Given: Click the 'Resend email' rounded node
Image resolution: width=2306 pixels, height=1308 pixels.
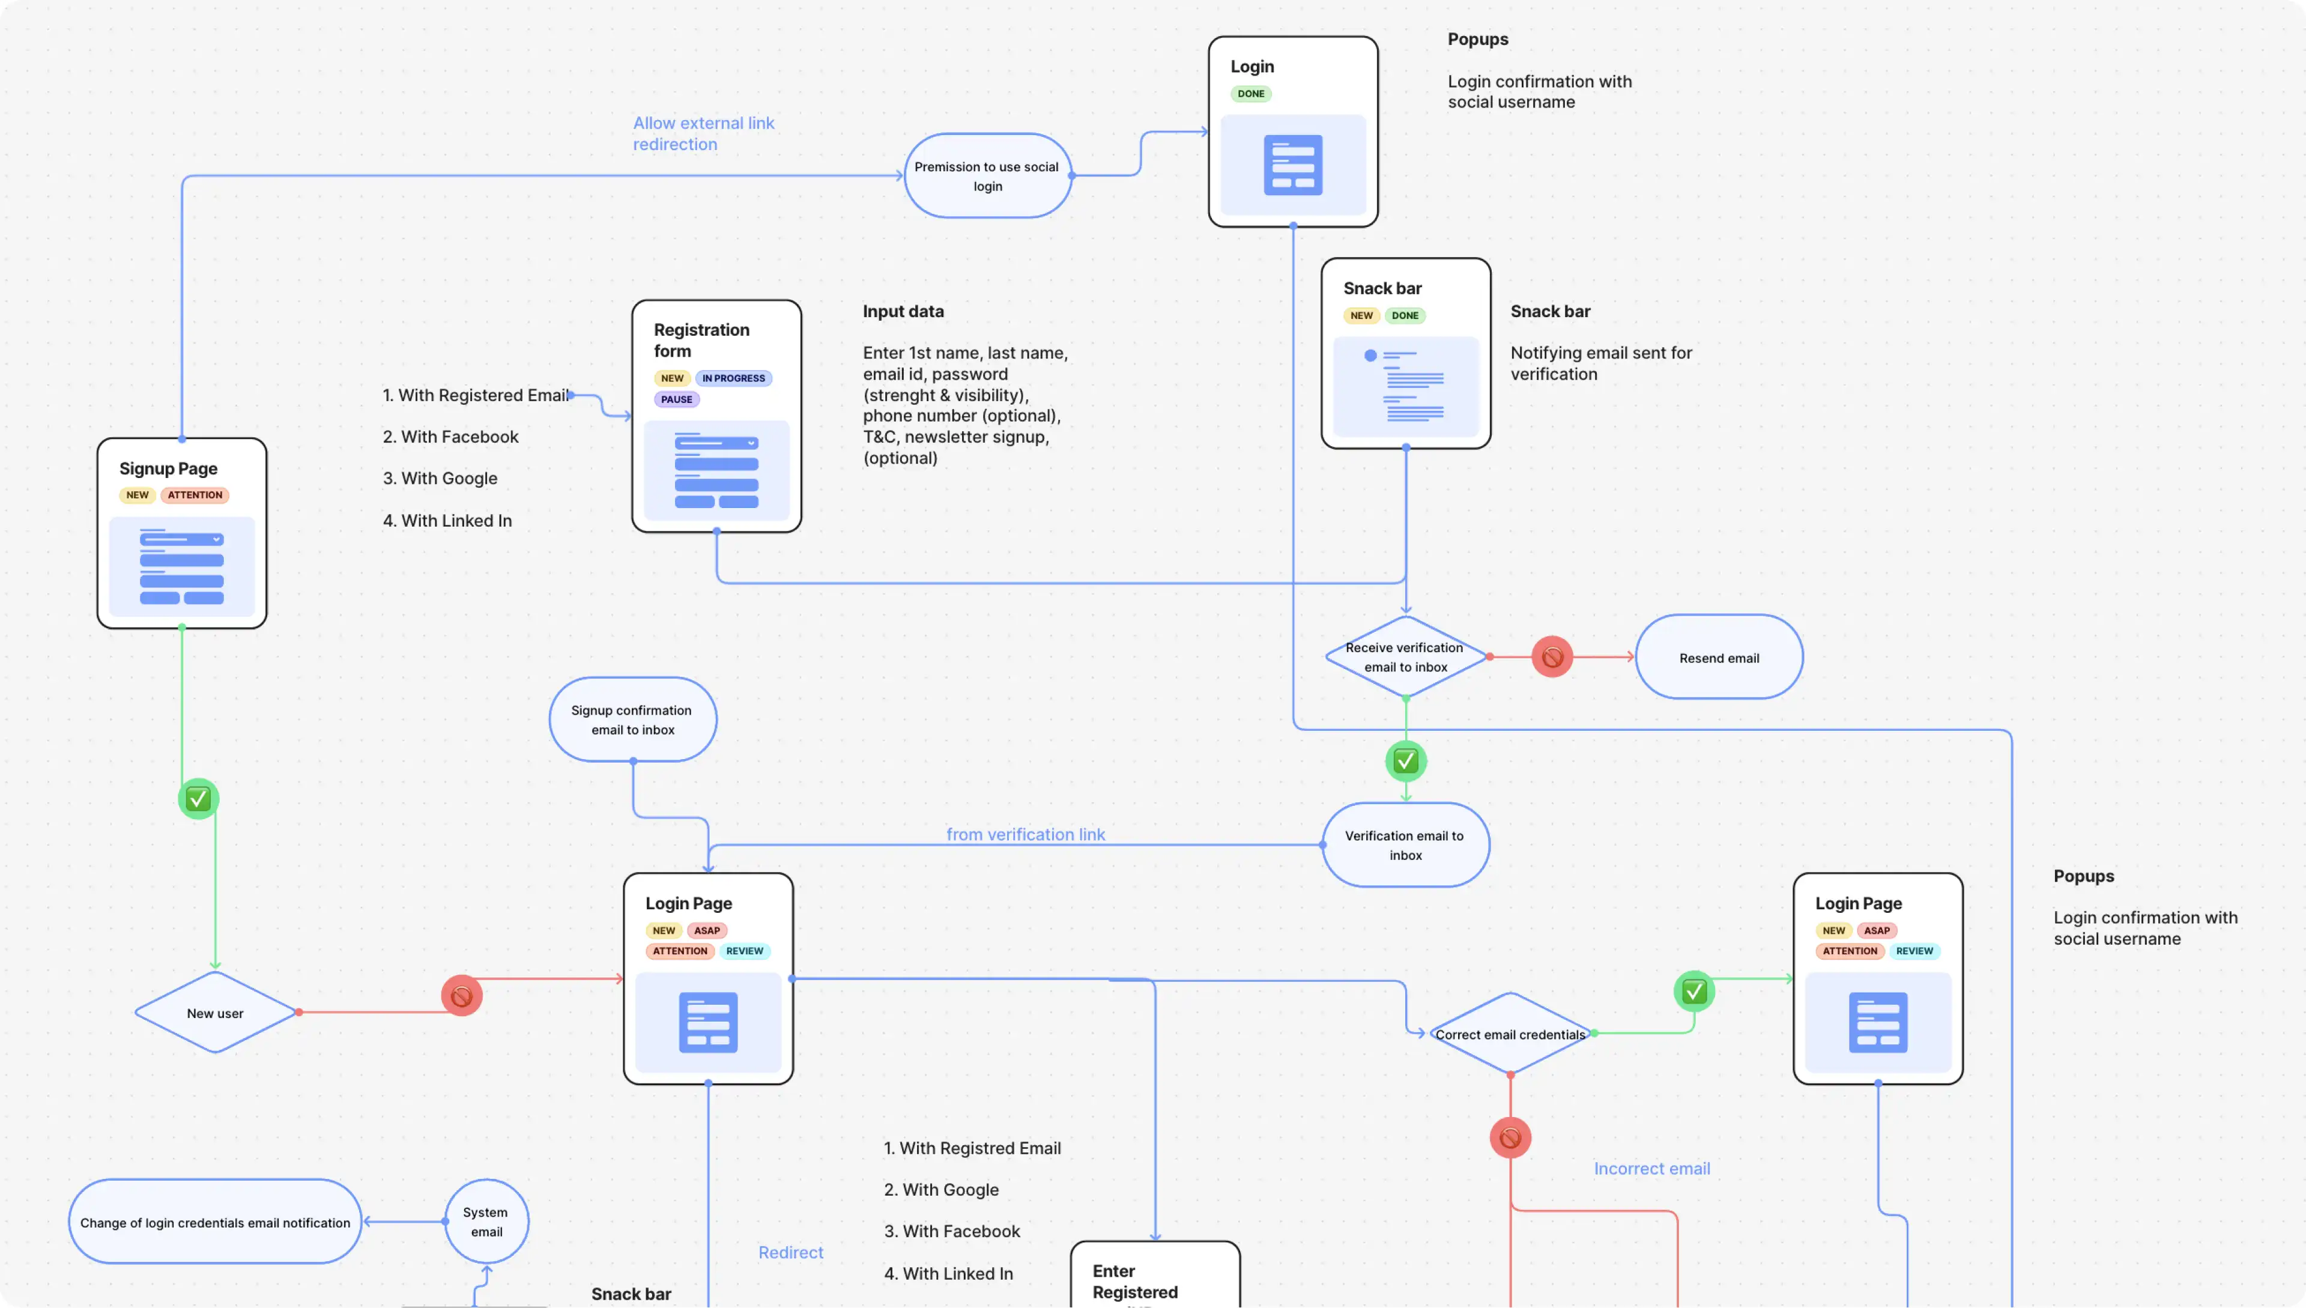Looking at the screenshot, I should click(1719, 658).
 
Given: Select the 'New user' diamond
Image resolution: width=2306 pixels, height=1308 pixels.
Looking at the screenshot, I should click(216, 1013).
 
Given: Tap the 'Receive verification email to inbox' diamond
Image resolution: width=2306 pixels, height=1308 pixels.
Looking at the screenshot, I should click(1405, 656).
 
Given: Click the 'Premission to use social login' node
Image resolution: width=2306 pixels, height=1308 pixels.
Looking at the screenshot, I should click(987, 176).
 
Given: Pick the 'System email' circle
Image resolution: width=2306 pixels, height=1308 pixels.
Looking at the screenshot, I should click(486, 1222).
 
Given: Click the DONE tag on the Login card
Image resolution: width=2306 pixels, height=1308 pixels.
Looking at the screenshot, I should click(1250, 94).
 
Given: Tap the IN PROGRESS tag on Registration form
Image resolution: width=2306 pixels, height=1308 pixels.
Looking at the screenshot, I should click(733, 378).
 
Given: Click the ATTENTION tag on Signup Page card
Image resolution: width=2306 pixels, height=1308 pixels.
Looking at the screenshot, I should click(195, 495).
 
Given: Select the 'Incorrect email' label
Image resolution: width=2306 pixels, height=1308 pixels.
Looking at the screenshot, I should click(1651, 1168).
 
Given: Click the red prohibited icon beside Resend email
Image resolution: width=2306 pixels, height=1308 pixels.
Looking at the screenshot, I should click(1551, 656).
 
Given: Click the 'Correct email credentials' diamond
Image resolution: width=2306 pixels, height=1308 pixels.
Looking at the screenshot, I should click(1510, 1034).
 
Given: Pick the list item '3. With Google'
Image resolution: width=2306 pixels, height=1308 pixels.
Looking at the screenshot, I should click(440, 478).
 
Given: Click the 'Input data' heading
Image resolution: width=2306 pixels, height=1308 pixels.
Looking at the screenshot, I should click(903, 311).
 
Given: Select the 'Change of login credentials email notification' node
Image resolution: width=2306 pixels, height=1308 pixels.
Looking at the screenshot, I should click(215, 1222).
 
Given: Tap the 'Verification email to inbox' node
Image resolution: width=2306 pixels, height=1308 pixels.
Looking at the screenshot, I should click(1405, 844).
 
